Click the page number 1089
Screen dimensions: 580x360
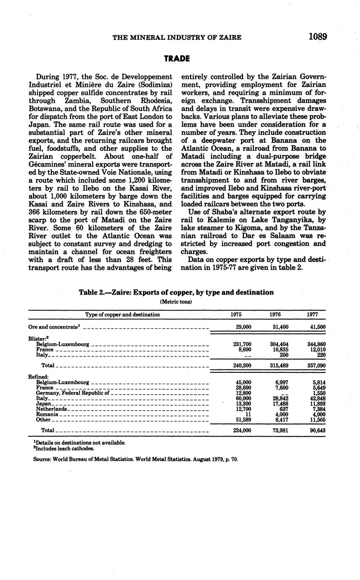318,37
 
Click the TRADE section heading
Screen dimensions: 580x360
177,58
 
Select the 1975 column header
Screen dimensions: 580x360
236,314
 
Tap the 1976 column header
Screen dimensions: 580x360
275,314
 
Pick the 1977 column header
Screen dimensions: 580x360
312,314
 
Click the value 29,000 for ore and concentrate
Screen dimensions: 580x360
242,327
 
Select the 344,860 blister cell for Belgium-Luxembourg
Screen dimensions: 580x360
316,344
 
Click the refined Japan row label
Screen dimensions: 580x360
43,404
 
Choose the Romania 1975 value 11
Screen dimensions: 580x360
248,414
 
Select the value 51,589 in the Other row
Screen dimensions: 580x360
242,419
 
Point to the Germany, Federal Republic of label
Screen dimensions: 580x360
72,393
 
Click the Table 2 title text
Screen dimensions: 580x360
176,292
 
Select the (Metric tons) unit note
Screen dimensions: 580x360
176,301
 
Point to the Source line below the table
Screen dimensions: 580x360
135,459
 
